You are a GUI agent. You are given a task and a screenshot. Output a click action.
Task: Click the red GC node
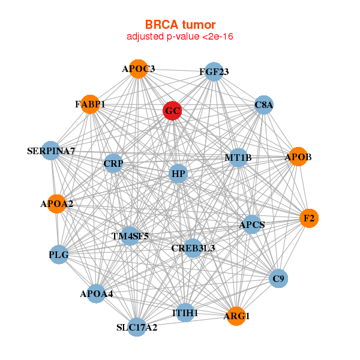click(172, 111)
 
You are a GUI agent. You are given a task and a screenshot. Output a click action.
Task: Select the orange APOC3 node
click(139, 69)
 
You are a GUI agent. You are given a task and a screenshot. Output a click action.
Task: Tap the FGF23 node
click(214, 73)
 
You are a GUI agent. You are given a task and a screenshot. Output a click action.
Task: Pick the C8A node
click(264, 105)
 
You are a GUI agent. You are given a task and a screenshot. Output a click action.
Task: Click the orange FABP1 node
click(90, 104)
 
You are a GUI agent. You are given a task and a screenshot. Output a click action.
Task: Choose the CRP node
click(113, 163)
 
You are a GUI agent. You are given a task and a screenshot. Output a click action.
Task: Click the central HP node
click(178, 175)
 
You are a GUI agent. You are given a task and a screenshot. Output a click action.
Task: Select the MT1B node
click(238, 158)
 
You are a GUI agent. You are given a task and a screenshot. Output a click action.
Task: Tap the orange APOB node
click(298, 157)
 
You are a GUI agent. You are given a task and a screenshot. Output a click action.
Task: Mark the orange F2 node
click(309, 218)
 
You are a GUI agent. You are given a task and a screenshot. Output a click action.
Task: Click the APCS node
click(252, 225)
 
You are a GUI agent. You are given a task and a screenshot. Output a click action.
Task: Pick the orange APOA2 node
click(57, 204)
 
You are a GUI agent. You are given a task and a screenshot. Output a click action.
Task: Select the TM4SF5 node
click(130, 236)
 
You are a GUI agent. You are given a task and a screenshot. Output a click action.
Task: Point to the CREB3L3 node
click(193, 248)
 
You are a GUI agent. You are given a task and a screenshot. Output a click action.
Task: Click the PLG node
click(59, 255)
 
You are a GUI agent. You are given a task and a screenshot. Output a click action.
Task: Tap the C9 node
click(278, 278)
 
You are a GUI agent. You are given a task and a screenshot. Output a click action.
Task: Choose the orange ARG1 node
click(236, 316)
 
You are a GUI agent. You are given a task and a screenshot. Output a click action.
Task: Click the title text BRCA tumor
click(180, 25)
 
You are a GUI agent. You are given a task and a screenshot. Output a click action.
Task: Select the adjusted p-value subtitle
click(180, 37)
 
